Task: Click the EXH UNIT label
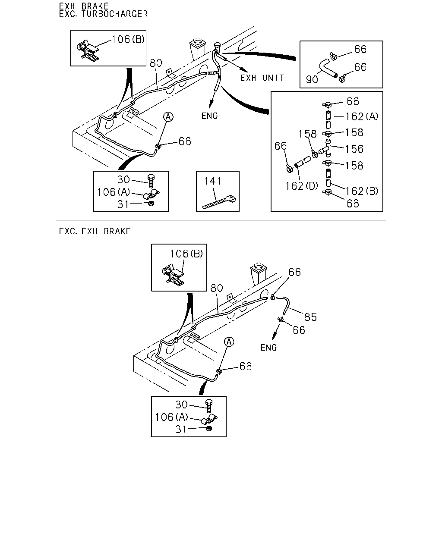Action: click(262, 78)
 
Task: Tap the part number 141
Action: click(213, 181)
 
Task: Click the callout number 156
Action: click(354, 149)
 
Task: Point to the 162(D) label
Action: click(302, 186)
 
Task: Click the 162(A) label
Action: click(362, 117)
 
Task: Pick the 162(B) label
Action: click(362, 191)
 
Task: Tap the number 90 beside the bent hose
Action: click(312, 79)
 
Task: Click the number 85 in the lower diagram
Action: click(310, 317)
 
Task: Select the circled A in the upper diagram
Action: click(168, 117)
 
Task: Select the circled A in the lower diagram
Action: click(229, 342)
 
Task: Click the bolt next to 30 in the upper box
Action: click(151, 181)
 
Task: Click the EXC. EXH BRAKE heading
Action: click(95, 232)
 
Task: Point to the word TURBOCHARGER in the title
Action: click(114, 14)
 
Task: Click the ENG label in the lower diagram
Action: click(268, 348)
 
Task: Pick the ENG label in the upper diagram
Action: click(210, 116)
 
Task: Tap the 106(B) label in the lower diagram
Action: click(186, 254)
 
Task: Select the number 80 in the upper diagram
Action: click(156, 63)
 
